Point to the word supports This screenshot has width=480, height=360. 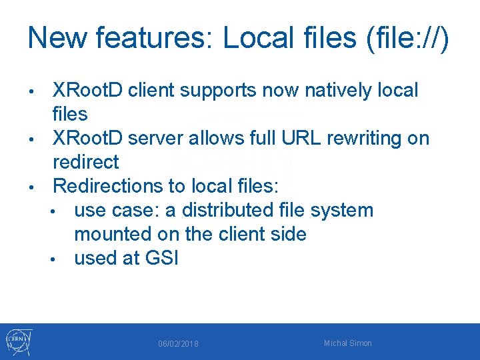point(215,90)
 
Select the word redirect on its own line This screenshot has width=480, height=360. point(86,162)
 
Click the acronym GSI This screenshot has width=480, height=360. point(162,258)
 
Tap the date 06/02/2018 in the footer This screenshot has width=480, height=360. point(178,343)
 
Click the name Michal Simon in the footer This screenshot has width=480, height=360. point(348,343)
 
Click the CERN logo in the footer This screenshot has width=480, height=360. point(18,342)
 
